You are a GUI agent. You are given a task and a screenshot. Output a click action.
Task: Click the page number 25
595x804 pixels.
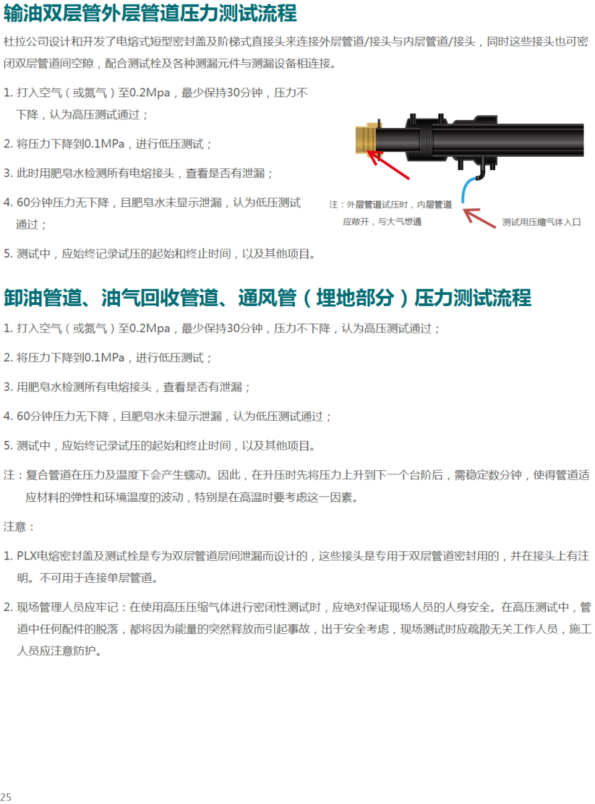6,797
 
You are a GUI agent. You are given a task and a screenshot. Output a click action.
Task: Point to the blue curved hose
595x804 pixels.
468,189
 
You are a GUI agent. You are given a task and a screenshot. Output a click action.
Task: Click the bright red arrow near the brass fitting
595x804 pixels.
389,164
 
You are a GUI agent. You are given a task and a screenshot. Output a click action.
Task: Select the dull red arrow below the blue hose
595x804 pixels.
479,218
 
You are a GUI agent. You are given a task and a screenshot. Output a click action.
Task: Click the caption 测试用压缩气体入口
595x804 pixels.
541,222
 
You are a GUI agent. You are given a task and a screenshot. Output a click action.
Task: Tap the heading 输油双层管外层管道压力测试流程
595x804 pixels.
150,13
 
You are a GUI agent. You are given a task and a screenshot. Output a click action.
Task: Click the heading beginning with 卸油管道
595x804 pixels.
267,297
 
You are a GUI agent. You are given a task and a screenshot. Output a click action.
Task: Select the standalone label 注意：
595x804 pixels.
19,526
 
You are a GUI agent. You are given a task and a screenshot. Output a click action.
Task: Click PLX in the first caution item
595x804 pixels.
27,555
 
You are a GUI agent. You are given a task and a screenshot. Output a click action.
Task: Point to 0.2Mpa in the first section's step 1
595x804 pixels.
149,92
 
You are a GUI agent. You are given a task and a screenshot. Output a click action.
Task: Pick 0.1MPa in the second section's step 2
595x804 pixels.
104,357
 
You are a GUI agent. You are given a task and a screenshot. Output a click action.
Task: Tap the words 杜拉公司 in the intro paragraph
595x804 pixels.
25,42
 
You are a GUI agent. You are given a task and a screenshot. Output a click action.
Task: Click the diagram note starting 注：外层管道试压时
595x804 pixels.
391,213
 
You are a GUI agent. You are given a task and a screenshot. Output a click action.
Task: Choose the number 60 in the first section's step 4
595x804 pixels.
23,202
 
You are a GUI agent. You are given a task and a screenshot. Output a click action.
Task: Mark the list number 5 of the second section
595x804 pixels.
7,445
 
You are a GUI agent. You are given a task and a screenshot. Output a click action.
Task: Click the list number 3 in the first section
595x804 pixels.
7,173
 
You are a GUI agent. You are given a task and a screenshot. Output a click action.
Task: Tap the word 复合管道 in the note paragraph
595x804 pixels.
48,474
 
